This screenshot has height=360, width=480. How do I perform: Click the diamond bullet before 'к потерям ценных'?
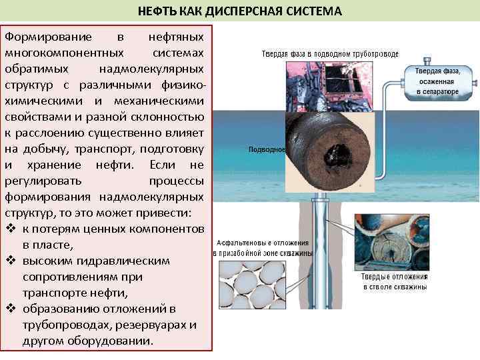pos(11,229)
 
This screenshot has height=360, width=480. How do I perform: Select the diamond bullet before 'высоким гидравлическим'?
pos(11,261)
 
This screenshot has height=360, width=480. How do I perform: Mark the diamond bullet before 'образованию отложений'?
pos(11,309)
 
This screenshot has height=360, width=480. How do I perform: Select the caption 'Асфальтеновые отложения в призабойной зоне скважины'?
pos(263,249)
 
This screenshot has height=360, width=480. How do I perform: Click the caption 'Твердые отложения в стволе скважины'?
pos(395,281)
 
